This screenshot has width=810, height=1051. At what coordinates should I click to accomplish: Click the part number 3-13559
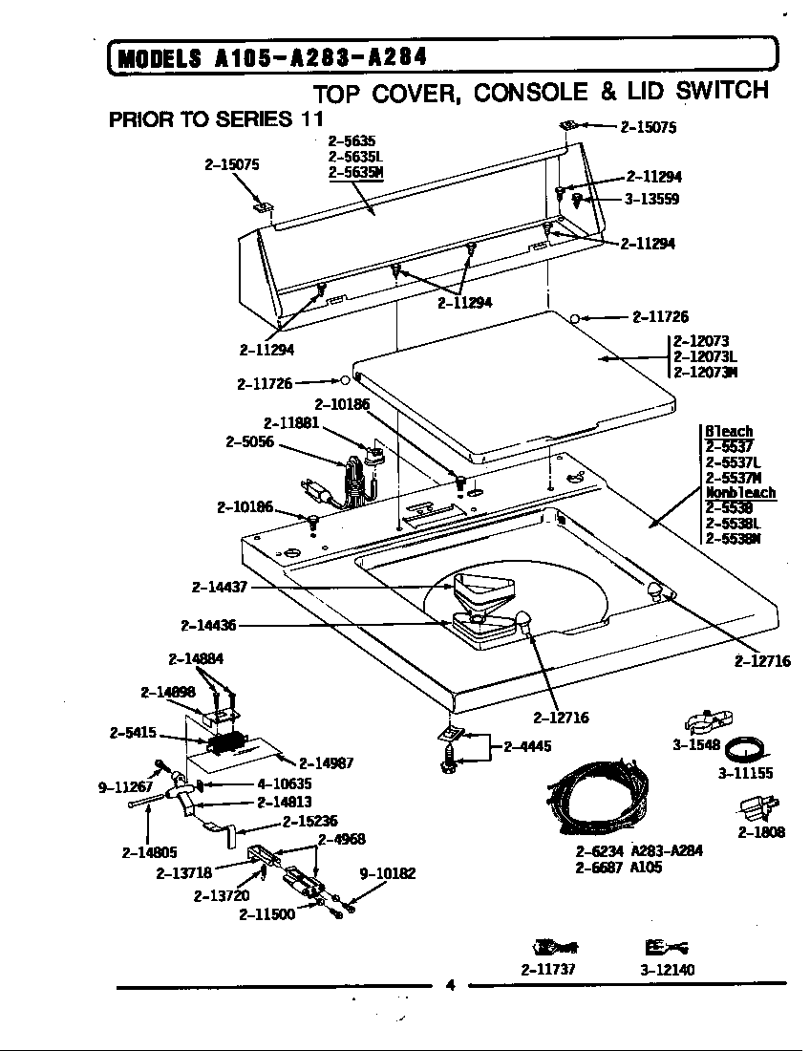(x=652, y=200)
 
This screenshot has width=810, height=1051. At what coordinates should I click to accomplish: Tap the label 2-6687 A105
(x=618, y=868)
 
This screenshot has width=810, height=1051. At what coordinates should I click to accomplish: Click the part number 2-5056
(x=249, y=441)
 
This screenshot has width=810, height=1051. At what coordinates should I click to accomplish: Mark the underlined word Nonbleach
(x=740, y=493)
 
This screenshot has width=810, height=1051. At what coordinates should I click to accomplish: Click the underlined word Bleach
(x=729, y=431)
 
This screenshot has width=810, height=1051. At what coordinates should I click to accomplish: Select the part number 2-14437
(x=220, y=588)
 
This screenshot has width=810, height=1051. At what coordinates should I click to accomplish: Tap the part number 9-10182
(x=387, y=872)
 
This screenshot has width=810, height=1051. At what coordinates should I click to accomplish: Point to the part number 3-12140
(x=667, y=970)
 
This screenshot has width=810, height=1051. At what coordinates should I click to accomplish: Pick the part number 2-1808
(x=761, y=832)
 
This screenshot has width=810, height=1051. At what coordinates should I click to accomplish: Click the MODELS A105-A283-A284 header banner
(x=267, y=57)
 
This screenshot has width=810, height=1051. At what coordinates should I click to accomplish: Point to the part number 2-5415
(x=134, y=733)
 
